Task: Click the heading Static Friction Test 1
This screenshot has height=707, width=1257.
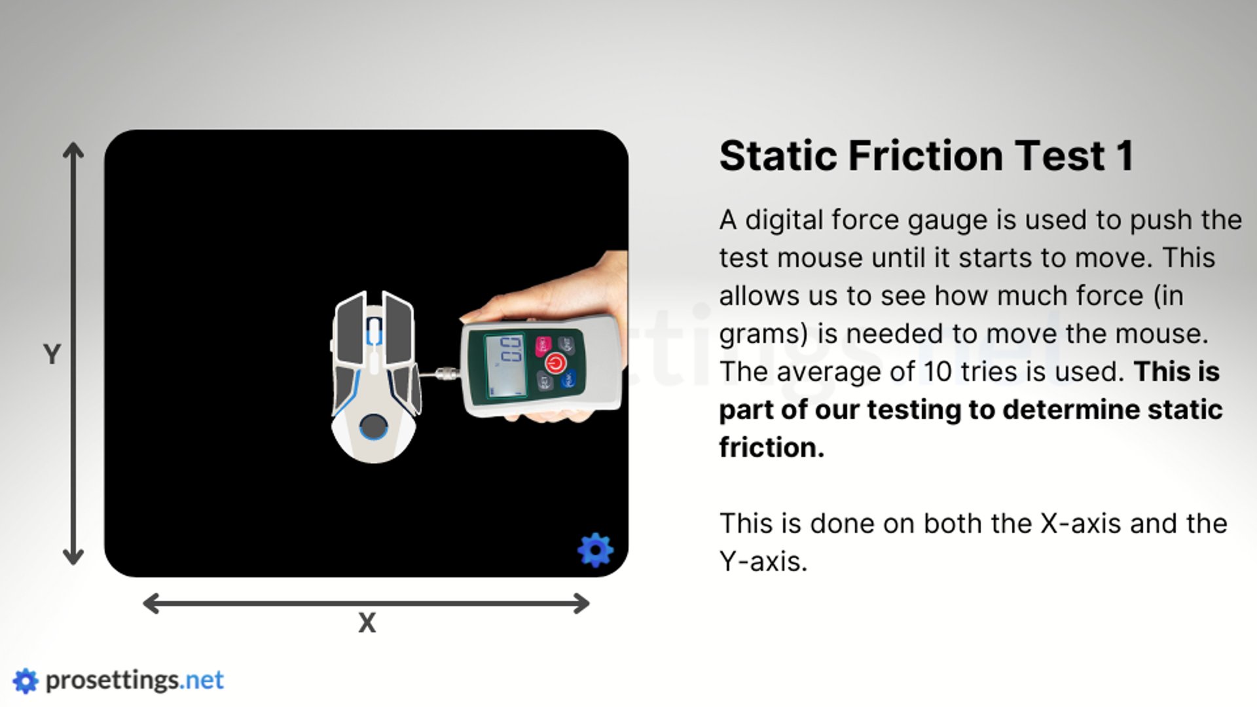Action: [926, 156]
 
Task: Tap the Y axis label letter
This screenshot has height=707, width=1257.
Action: [52, 354]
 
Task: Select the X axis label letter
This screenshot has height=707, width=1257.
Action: [367, 623]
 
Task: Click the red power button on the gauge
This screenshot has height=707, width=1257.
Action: [555, 363]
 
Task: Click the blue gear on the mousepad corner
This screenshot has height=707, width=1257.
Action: [595, 549]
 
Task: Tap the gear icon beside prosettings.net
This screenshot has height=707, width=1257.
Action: [26, 681]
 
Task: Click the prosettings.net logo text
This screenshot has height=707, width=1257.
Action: [135, 681]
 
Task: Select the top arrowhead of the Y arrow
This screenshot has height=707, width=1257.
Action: [73, 149]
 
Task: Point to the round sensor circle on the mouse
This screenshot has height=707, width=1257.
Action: [374, 427]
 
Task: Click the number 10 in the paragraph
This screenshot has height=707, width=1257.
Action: [938, 372]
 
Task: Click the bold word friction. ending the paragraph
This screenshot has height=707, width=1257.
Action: [772, 448]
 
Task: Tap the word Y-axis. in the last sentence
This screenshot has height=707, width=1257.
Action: [763, 562]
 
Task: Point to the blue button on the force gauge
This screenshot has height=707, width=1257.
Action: [568, 379]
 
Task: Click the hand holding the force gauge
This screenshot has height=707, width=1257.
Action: [576, 288]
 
